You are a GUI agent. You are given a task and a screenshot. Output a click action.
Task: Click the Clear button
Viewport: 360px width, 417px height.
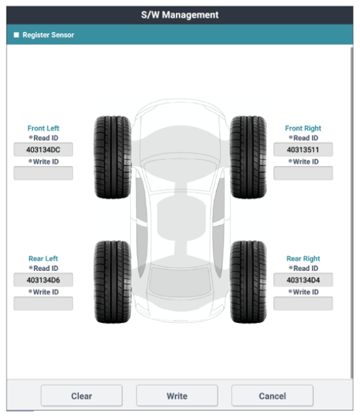tap(82, 396)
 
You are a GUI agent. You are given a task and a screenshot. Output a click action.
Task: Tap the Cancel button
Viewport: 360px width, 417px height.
tap(273, 396)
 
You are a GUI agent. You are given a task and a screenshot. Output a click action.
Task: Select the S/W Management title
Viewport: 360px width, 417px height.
tap(180, 15)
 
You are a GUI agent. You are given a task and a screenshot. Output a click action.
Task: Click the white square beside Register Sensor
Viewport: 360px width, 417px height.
tap(16, 35)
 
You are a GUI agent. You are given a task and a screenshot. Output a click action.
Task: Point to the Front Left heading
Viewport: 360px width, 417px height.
tap(43, 128)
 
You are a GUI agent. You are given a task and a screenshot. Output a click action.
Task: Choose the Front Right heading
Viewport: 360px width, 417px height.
tap(303, 128)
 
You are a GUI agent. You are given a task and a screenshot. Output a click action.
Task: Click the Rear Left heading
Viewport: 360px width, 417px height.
tap(43, 258)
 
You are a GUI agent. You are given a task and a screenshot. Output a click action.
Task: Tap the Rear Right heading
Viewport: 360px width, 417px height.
tap(303, 258)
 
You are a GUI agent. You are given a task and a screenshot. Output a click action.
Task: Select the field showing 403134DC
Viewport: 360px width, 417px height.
tap(43, 149)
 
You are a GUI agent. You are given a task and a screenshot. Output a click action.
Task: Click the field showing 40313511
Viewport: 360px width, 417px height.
tap(303, 149)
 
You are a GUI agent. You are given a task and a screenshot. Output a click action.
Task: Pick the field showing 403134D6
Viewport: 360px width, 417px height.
tap(43, 280)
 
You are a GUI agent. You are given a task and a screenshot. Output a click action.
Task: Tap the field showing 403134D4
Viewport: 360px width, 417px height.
tap(303, 280)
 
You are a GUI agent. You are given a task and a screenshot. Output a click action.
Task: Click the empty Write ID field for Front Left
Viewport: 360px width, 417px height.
tap(43, 173)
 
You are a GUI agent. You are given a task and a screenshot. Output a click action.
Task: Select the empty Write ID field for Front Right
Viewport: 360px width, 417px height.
tap(303, 173)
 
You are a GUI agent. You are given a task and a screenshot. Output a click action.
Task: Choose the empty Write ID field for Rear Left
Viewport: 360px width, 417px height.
tap(43, 303)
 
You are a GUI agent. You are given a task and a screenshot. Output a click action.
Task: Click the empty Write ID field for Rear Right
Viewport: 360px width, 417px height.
tap(303, 303)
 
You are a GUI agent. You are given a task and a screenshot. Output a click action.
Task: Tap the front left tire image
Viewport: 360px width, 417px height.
tap(113, 157)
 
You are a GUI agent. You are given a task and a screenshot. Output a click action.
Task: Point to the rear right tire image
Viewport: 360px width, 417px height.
tap(248, 282)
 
